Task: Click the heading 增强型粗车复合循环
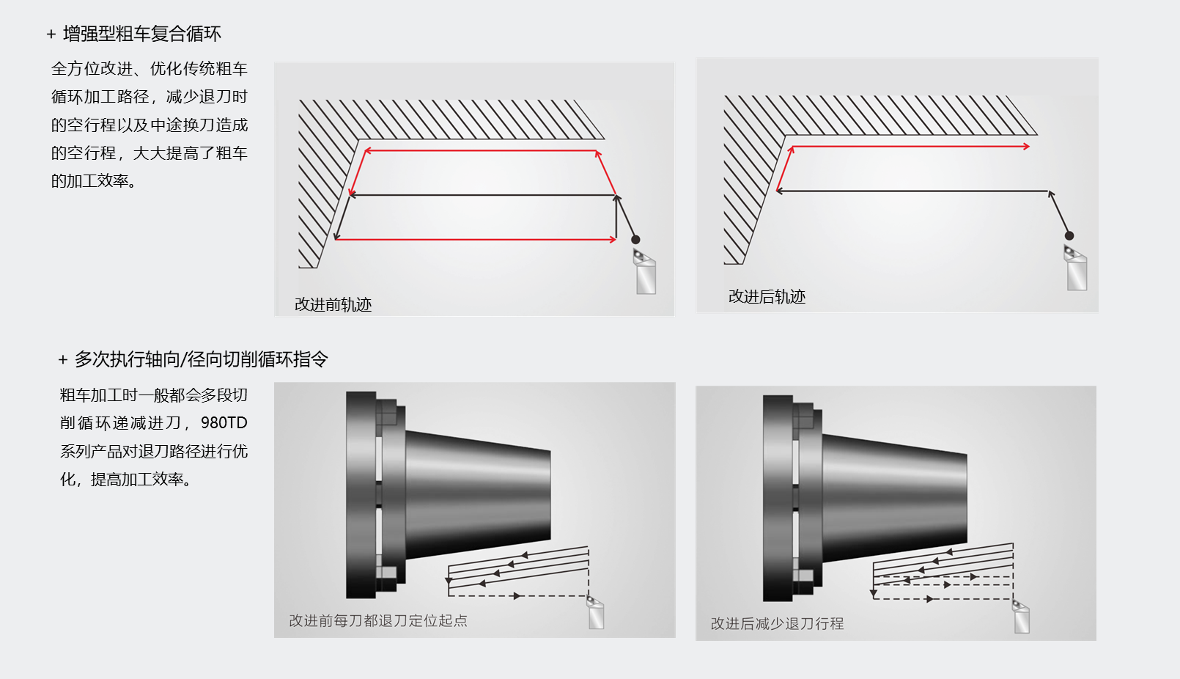pyautogui.click(x=142, y=34)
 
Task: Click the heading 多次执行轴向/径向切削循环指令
pyautogui.click(x=202, y=359)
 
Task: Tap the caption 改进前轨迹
pyautogui.click(x=333, y=304)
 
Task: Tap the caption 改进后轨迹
pyautogui.click(x=767, y=297)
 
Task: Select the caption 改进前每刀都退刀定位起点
pyautogui.click(x=378, y=620)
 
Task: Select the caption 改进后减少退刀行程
pyautogui.click(x=777, y=624)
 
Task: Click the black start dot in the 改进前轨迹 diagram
pyautogui.click(x=636, y=239)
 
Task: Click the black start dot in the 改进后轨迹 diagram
pyautogui.click(x=1069, y=235)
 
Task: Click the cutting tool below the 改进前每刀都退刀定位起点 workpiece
pyautogui.click(x=596, y=612)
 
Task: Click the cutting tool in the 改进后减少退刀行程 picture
pyautogui.click(x=1022, y=616)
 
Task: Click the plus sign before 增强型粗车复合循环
pyautogui.click(x=51, y=34)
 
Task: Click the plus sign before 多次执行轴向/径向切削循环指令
pyautogui.click(x=63, y=360)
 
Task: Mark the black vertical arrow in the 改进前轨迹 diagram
pyautogui.click(x=616, y=216)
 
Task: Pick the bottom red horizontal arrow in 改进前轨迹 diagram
pyautogui.click(x=476, y=239)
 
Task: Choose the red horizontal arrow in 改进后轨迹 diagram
pyautogui.click(x=911, y=147)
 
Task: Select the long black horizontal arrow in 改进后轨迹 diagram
pyautogui.click(x=912, y=191)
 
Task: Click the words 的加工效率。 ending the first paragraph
pyautogui.click(x=94, y=181)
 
